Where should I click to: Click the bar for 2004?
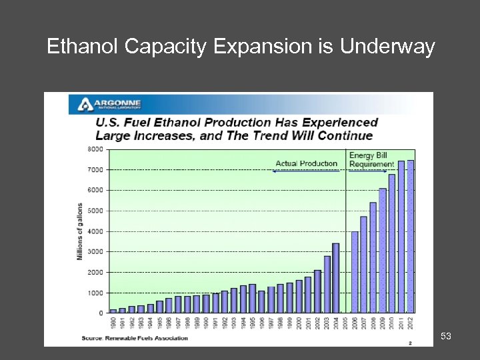[335, 278]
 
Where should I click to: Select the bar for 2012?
[410, 237]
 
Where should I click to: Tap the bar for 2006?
[355, 272]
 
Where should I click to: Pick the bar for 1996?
[261, 301]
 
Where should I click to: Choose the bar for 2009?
[383, 251]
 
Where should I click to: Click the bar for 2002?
[317, 291]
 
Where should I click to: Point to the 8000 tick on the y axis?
[96, 149]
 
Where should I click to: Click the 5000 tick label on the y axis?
[96, 211]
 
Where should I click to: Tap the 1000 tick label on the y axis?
[96, 293]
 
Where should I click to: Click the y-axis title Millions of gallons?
[81, 231]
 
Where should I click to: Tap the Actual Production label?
[307, 163]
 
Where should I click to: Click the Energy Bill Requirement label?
[371, 160]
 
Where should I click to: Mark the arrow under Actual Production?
[307, 171]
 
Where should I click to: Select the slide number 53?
[446, 337]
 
